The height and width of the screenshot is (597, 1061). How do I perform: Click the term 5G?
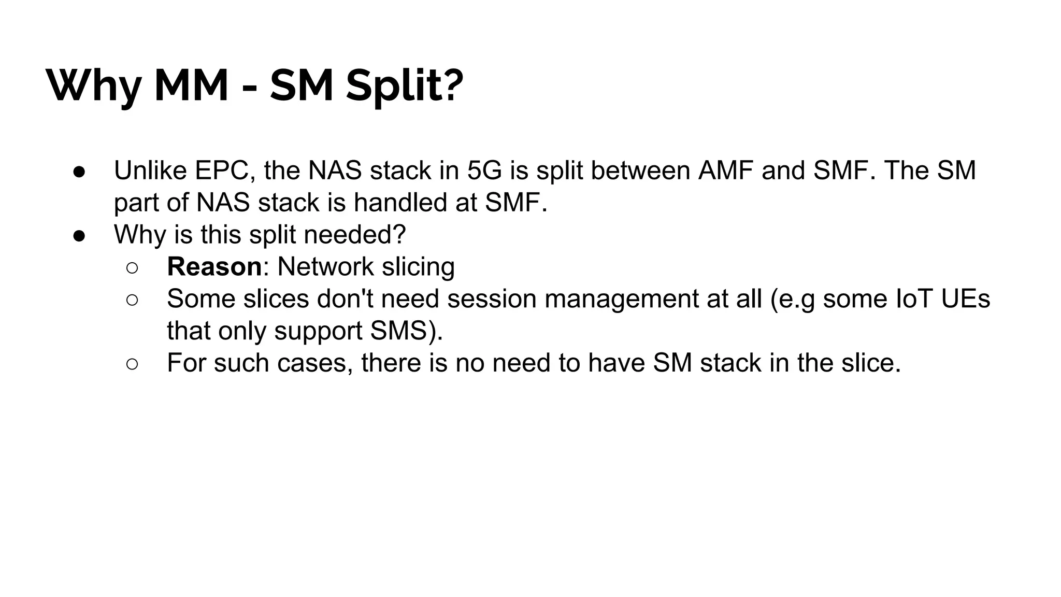[484, 170]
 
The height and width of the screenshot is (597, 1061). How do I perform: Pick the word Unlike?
[150, 170]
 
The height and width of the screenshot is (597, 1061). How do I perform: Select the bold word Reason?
[214, 267]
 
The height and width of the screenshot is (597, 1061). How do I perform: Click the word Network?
[325, 267]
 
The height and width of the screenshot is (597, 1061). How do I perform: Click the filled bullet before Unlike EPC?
[79, 172]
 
